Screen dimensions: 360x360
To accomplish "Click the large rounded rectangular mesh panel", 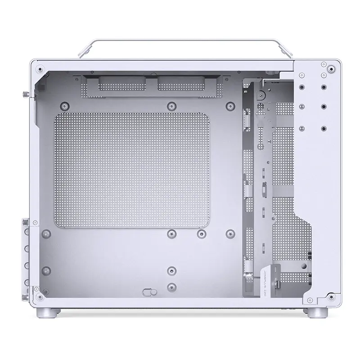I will click(132, 170).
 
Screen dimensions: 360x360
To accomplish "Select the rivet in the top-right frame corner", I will click(332, 69).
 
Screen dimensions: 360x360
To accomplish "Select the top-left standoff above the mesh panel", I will click(65, 106).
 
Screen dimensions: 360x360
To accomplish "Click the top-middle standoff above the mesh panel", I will click(171, 106).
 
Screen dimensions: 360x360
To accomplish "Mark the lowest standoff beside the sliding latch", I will click(171, 286).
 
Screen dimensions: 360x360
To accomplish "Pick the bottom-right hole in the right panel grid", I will click(323, 128).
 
